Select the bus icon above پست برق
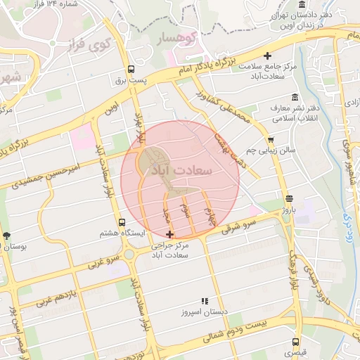click(x=131, y=69)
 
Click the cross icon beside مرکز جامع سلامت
click(x=267, y=56)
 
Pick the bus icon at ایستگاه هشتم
click(x=123, y=222)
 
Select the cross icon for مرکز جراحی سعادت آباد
click(x=168, y=234)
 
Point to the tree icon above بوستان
click(x=7, y=236)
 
